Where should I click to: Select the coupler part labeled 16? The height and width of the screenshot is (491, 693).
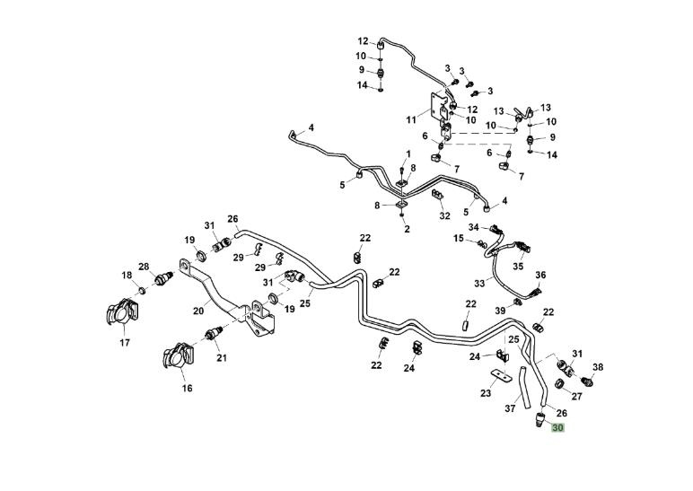click(x=177, y=356)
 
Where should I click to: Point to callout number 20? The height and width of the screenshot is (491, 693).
click(x=198, y=311)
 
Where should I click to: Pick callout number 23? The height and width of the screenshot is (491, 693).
click(x=487, y=392)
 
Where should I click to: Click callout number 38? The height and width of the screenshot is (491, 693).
click(x=598, y=367)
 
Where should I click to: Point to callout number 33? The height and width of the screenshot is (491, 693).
click(x=479, y=283)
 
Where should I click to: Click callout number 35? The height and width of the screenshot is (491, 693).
click(x=518, y=266)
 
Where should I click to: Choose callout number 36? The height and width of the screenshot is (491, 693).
click(x=540, y=275)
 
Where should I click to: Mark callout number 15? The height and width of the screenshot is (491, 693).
click(x=459, y=239)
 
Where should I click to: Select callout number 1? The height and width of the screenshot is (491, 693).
click(x=408, y=153)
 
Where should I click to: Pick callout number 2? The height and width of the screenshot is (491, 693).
click(x=407, y=229)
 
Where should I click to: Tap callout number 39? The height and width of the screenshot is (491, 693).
click(x=499, y=310)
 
